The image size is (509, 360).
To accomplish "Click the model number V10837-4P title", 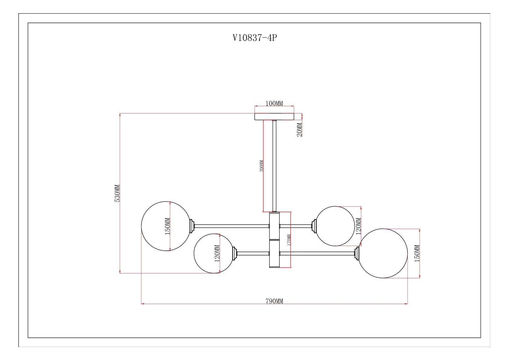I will pos(254,38).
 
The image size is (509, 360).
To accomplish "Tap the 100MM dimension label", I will pos(274,103).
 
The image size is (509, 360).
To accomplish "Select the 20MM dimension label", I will pos(299,129).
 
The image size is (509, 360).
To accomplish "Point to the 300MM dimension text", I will pos(261,166).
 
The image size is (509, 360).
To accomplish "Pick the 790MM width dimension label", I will pos(274,301).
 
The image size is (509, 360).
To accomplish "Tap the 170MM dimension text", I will pos(289,240).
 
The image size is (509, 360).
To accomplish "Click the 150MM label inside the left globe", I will pos(167,226).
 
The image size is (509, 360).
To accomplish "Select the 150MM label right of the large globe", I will pos(417,253).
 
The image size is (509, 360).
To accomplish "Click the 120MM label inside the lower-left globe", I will pos(217,253).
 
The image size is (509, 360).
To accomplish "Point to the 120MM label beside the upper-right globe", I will pos(358,226).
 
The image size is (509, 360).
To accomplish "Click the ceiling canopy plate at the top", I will pos(274,116).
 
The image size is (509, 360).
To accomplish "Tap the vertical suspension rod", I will pos(274,166).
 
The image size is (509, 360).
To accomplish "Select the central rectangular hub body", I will pos(274,240).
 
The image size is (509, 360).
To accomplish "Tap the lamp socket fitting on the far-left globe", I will pos(192,226).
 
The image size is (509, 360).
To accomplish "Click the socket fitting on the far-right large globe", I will pos(357,253).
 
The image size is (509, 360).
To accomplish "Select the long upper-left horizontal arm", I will pos(231,226).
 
